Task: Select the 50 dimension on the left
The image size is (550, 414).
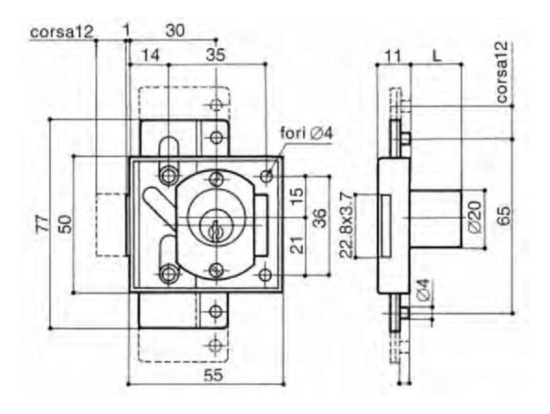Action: [65, 224]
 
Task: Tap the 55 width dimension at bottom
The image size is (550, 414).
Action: [213, 376]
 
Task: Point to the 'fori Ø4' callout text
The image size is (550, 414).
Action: [306, 133]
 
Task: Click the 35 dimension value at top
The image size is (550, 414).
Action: [215, 55]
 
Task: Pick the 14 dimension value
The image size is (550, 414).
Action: [150, 55]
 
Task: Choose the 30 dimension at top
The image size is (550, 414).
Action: [175, 31]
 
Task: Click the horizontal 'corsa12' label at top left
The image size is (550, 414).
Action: [62, 32]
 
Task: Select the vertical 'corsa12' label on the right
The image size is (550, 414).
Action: [502, 72]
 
